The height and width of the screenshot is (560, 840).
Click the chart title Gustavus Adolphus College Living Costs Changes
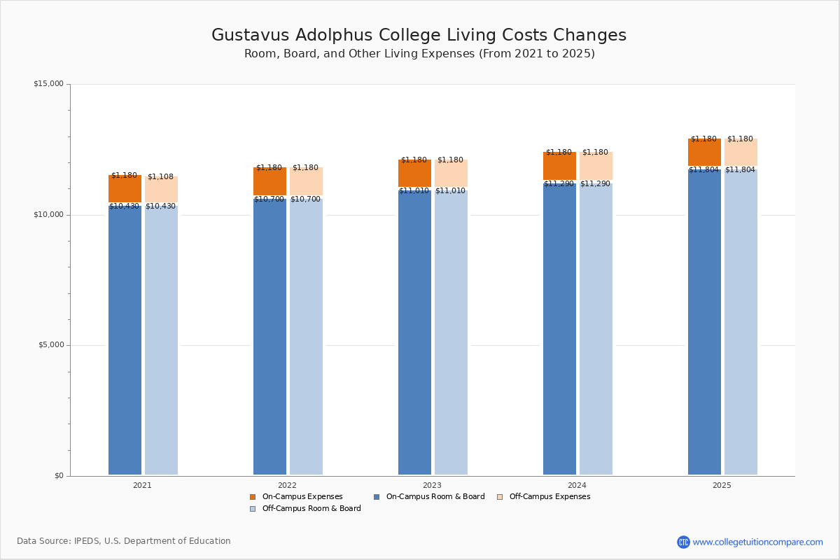tap(419, 36)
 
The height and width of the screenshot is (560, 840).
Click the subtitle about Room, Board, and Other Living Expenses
tap(419, 54)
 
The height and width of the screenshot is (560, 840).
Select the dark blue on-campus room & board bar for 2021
tap(125, 343)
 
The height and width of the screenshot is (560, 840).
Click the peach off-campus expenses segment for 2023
tap(451, 174)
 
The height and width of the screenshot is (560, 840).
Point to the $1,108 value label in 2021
tap(160, 177)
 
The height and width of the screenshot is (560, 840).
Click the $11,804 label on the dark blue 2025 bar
tap(703, 169)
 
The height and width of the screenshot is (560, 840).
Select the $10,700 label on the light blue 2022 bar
tap(305, 199)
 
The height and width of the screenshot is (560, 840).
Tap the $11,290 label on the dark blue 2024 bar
tap(559, 184)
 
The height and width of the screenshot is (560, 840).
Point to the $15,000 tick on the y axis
tap(48, 84)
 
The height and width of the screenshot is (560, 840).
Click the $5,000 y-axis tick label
tap(48, 345)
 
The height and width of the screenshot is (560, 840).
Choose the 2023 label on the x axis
tap(432, 485)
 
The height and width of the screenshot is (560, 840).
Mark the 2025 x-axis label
tap(722, 485)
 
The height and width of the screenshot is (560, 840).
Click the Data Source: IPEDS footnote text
tap(124, 541)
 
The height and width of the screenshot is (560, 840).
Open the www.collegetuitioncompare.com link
tap(757, 542)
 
